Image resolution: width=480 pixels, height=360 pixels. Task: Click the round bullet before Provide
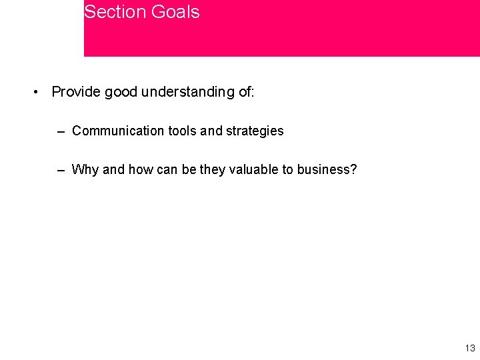pos(37,92)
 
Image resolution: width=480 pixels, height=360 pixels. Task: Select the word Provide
pos(76,92)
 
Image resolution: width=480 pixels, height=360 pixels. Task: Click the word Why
pos(85,169)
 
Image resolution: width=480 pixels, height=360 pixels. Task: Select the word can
pos(167,169)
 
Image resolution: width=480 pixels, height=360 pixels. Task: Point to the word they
pos(213,169)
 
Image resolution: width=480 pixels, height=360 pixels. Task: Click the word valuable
pos(255,169)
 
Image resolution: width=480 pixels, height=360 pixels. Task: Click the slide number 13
pos(469,349)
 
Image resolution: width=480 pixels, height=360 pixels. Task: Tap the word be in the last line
pos(189,169)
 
